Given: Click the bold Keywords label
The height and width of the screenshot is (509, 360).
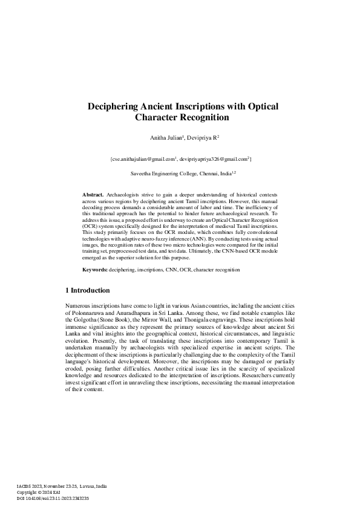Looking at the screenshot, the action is coord(95,268).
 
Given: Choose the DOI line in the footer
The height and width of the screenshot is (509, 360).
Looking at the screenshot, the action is coord(53,498).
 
